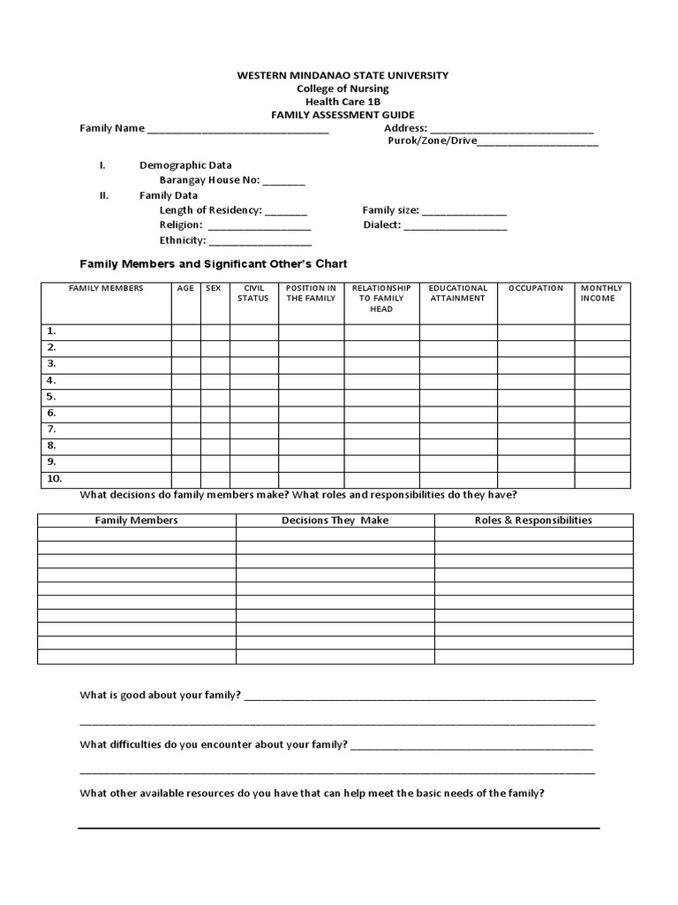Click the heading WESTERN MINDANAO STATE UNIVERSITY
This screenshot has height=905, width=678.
(343, 76)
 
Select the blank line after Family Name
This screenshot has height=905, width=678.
(237, 130)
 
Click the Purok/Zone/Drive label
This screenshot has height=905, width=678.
(432, 141)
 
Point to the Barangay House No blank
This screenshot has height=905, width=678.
(283, 181)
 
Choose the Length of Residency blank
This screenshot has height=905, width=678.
(286, 211)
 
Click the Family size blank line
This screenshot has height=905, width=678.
(464, 212)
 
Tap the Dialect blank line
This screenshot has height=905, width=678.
(456, 226)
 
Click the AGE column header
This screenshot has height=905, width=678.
(185, 289)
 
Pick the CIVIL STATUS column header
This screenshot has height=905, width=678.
(253, 293)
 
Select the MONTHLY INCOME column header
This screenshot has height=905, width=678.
(601, 293)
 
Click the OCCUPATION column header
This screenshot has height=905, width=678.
(536, 289)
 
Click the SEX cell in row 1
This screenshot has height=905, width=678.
(215, 331)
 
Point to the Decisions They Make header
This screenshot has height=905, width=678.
(335, 521)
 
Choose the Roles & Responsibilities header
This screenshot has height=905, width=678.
(533, 521)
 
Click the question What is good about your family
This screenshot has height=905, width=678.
(161, 696)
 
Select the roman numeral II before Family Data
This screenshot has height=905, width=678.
(103, 195)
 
